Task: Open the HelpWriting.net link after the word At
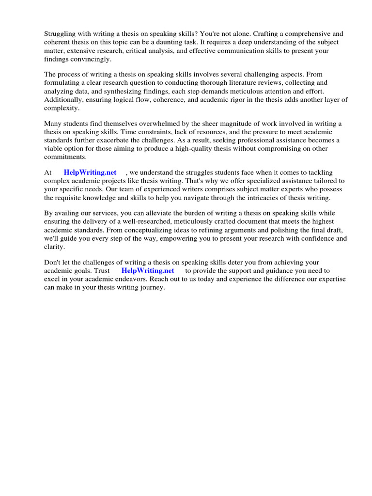click(x=90, y=172)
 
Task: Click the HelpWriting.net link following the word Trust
click(x=148, y=271)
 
